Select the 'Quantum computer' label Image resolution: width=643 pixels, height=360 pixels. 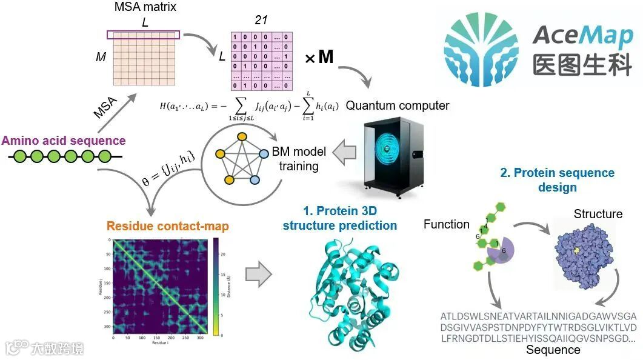pos(398,105)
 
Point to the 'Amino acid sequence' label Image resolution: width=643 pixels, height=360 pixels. pos(64,141)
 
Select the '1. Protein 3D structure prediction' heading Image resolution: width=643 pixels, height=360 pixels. pos(340,219)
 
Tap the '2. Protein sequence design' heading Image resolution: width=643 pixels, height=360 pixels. pos(558,180)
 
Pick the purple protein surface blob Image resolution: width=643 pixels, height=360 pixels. pos(585,255)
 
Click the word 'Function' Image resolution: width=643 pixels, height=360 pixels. pos(447,224)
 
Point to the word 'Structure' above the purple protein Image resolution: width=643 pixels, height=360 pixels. pos(598,214)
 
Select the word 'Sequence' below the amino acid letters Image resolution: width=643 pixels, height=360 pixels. pos(553,350)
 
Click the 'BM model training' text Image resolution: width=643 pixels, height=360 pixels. pos(299,159)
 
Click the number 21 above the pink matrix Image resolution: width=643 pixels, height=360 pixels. pos(261,20)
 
